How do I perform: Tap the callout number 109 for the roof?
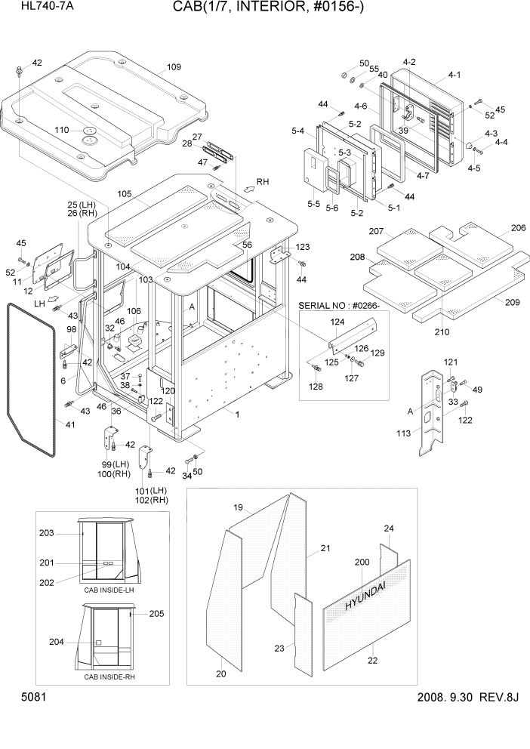coord(174,67)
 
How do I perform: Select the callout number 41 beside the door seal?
coord(70,426)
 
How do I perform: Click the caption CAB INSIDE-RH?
coord(109,677)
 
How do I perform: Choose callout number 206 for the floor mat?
coord(518,227)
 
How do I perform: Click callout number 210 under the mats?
coord(442,331)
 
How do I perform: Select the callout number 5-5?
coord(312,204)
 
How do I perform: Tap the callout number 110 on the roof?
coord(63,130)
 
